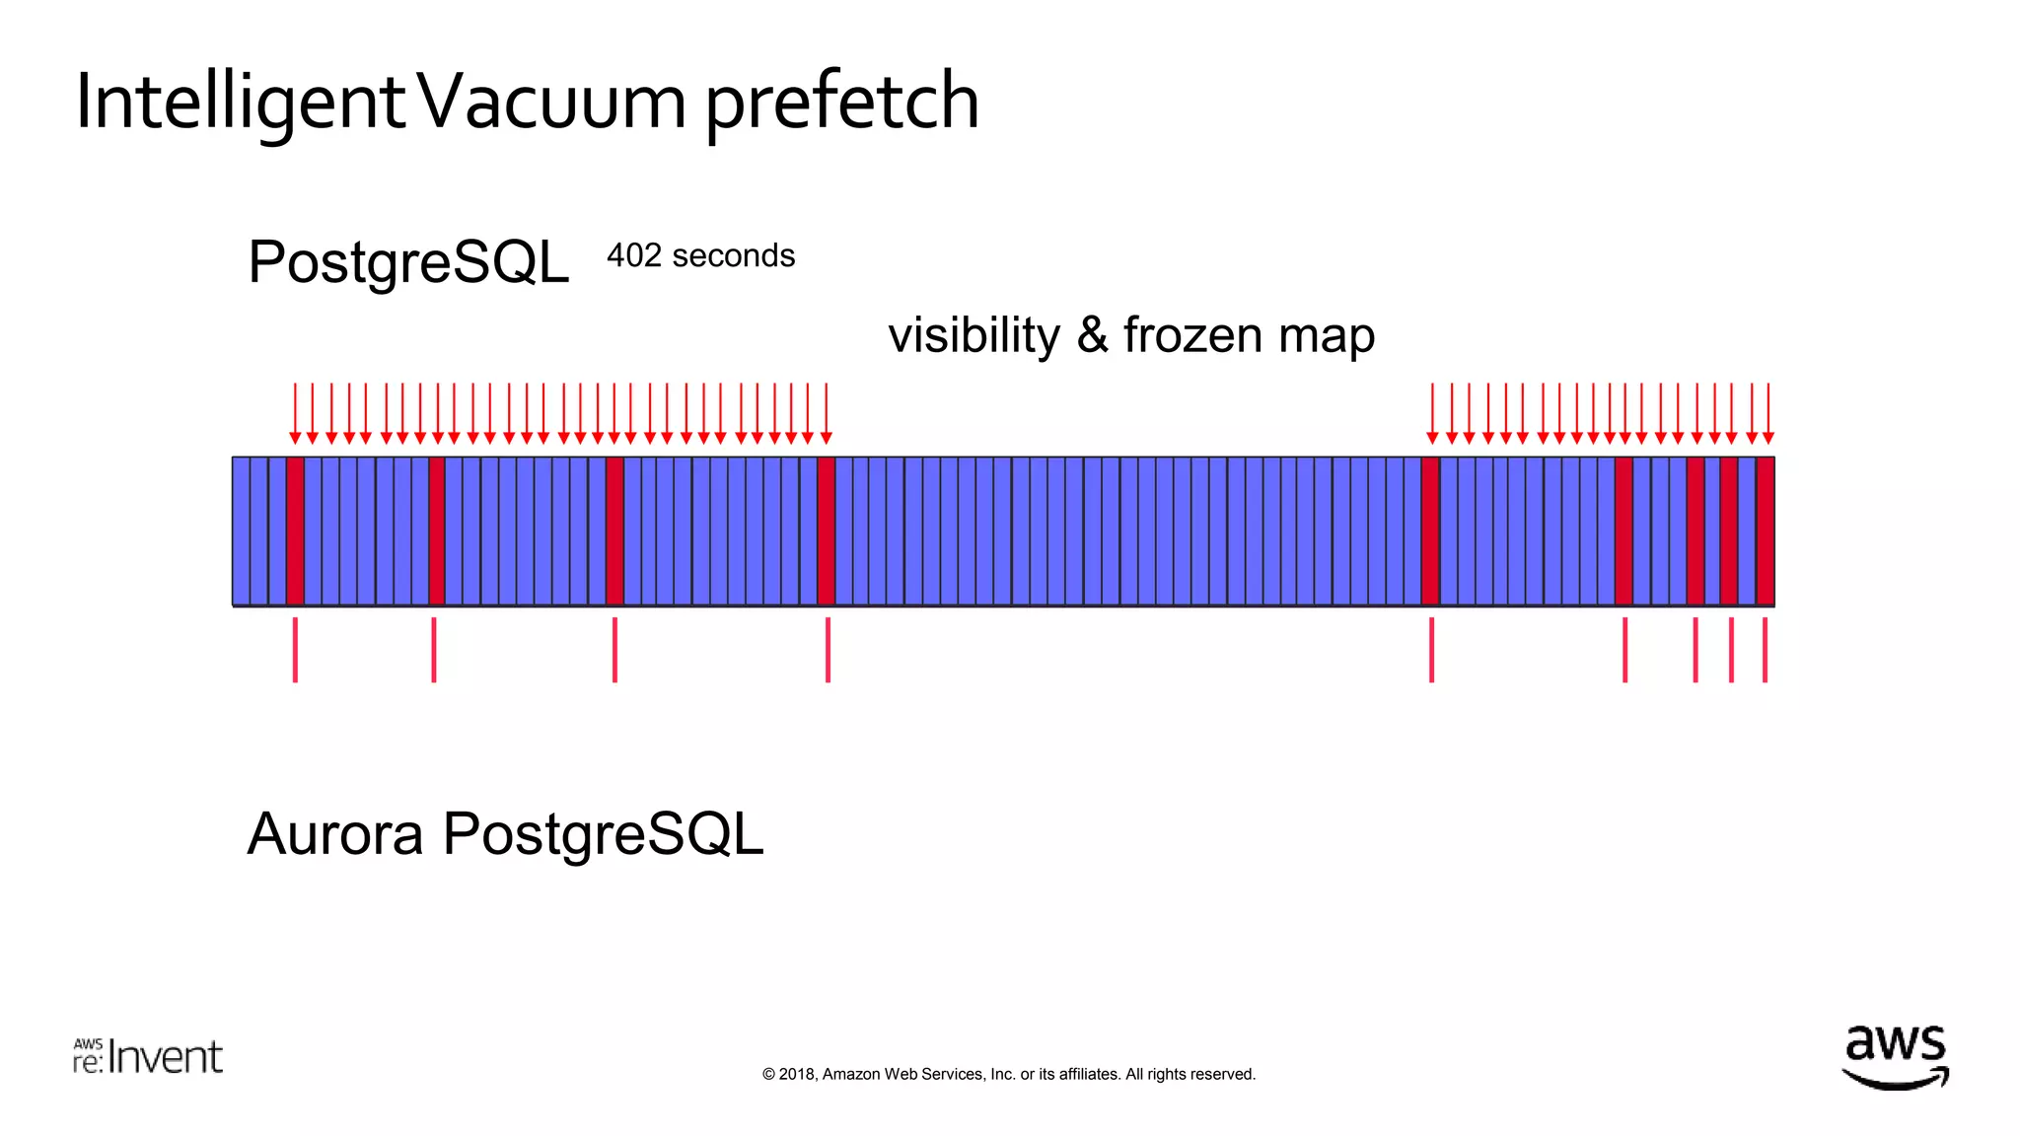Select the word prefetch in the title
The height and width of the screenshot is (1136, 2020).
click(841, 103)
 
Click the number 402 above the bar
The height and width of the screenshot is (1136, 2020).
click(634, 255)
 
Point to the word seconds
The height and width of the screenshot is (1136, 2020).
click(733, 255)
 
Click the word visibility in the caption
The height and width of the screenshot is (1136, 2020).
click(974, 335)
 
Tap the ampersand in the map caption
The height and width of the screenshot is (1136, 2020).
click(1092, 335)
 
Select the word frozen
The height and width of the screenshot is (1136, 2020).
click(1192, 335)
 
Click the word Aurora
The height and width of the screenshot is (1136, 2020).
click(335, 834)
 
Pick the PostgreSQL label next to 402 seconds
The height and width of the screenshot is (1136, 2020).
click(408, 262)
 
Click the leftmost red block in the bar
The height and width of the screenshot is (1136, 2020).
click(295, 531)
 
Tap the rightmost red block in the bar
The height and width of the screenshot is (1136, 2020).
click(1766, 531)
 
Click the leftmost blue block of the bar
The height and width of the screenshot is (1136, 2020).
click(241, 531)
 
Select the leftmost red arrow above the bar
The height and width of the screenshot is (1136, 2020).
click(295, 414)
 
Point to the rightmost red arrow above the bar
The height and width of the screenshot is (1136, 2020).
click(1768, 414)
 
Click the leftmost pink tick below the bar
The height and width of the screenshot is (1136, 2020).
click(295, 649)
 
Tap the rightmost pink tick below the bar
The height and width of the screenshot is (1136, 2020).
click(1765, 649)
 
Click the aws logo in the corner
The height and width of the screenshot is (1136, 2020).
click(1895, 1057)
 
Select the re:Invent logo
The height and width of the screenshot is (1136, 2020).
click(148, 1056)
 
